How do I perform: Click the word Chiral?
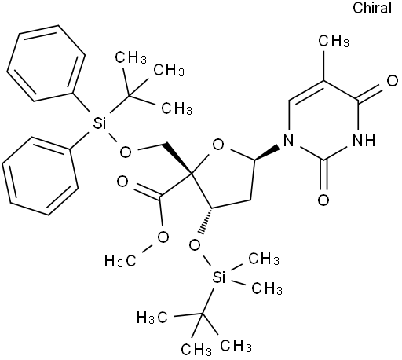point(372,8)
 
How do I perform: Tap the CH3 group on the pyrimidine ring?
point(334,41)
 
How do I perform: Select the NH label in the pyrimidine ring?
point(364,140)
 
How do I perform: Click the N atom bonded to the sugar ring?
point(289,140)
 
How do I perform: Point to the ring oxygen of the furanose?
point(218,145)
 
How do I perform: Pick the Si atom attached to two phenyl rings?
point(100,123)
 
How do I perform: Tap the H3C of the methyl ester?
point(120,261)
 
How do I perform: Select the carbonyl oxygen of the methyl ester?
point(122,182)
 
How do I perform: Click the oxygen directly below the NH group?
point(323,200)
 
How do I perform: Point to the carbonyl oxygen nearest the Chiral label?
point(392,81)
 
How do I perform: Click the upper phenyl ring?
point(46,63)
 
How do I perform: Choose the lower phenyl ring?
point(40,176)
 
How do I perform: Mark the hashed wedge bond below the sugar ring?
point(207,221)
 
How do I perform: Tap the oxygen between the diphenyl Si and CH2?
point(126,152)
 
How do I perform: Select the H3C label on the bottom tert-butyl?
point(152,318)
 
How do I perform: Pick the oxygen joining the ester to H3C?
point(163,237)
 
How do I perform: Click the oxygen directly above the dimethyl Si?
point(195,245)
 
